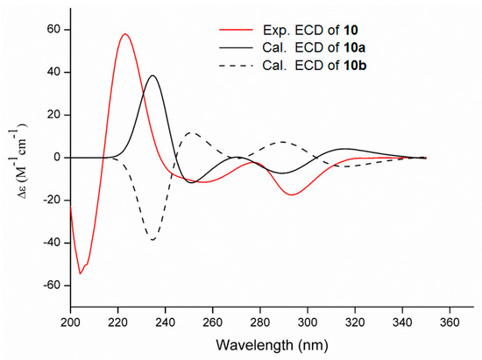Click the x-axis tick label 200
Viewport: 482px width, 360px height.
(70, 322)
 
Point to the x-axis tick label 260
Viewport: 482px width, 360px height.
(213, 322)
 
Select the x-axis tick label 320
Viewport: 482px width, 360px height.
(355, 322)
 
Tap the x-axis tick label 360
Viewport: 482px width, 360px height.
(450, 322)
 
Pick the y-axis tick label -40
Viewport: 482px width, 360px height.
(53, 243)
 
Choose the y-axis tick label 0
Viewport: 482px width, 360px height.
(57, 158)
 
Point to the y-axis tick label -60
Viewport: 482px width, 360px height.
(53, 286)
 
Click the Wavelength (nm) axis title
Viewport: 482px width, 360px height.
(272, 345)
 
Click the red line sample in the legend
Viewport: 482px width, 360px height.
(236, 30)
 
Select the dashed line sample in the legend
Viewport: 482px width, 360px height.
(236, 66)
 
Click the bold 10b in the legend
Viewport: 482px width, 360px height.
(354, 66)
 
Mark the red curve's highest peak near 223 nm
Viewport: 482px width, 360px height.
(124, 33)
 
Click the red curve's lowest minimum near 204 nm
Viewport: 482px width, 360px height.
(81, 273)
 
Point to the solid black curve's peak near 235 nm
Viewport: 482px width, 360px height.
(152, 75)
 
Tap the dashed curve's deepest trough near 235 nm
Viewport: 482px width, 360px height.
(152, 240)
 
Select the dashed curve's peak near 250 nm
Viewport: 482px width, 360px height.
(191, 132)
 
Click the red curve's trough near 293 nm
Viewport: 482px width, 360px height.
(292, 195)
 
